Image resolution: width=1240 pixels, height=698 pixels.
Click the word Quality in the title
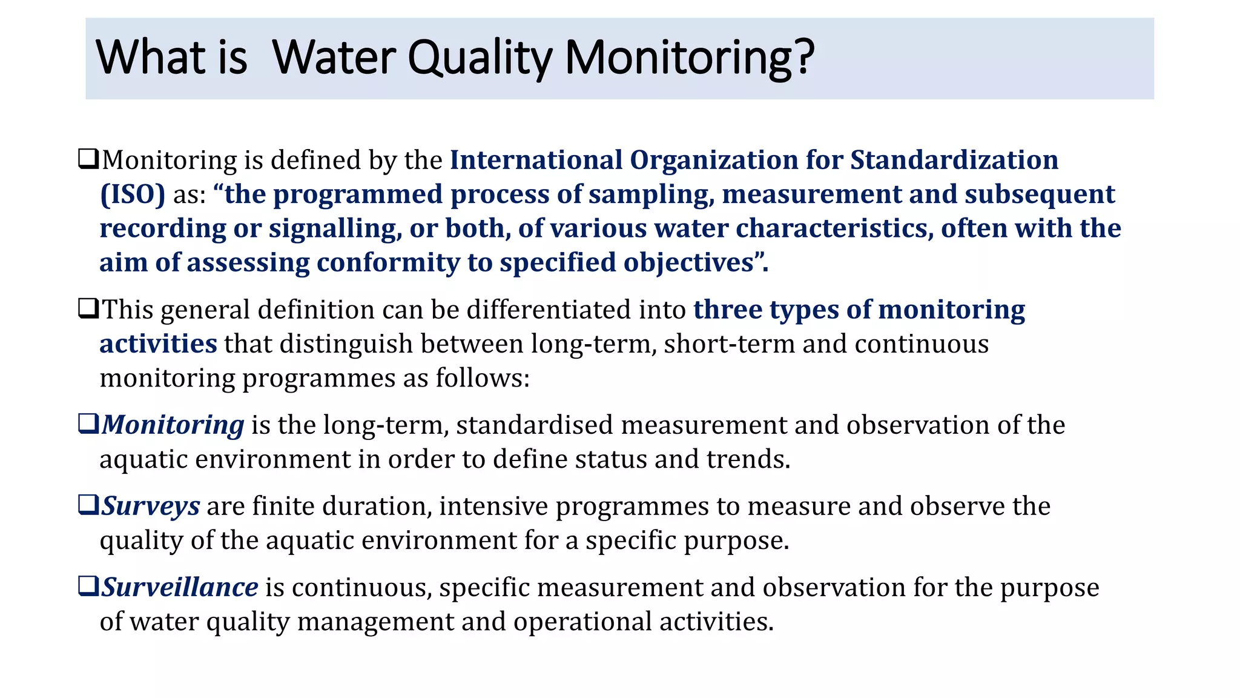(480, 58)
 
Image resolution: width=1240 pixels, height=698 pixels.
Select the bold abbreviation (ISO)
(132, 194)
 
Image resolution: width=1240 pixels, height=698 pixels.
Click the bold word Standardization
(954, 160)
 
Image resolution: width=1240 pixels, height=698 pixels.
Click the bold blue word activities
(158, 344)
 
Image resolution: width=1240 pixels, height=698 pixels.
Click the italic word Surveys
(150, 506)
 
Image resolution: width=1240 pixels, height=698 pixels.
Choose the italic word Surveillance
(180, 587)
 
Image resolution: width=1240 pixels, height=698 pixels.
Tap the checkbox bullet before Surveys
(88, 504)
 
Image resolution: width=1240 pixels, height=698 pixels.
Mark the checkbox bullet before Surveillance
(88, 585)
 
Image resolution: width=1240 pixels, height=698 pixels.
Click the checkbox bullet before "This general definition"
(88, 308)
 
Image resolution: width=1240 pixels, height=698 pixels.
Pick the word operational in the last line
(582, 622)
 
